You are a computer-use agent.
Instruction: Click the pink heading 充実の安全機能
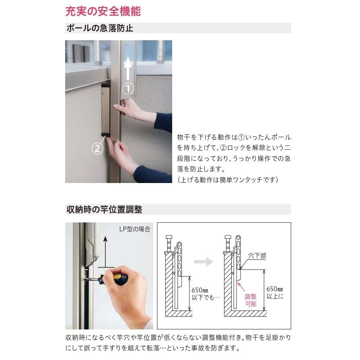[x=103, y=11]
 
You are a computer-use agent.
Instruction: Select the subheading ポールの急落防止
[x=99, y=28]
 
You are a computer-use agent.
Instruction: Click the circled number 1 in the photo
[x=128, y=88]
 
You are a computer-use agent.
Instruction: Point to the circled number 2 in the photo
[x=97, y=148]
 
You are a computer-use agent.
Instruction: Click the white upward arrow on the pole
[x=128, y=68]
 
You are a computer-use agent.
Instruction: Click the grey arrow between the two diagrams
[x=204, y=262]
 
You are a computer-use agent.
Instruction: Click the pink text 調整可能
[x=251, y=300]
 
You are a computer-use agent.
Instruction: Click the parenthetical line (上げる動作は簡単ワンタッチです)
[x=228, y=180]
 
